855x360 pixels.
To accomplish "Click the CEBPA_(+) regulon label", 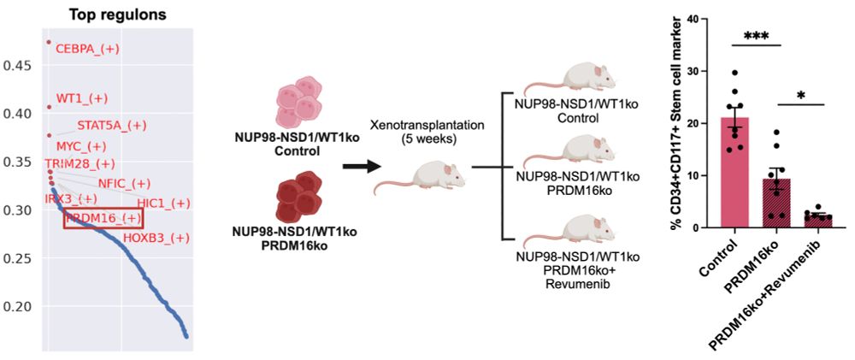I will [x=87, y=49].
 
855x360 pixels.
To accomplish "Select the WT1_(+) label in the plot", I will [x=82, y=98].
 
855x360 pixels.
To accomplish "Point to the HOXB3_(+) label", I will [x=156, y=237].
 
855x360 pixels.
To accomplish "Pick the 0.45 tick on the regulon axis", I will [x=19, y=65].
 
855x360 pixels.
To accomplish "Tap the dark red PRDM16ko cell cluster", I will [x=299, y=202].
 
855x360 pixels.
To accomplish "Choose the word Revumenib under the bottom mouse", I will [x=571, y=284].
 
